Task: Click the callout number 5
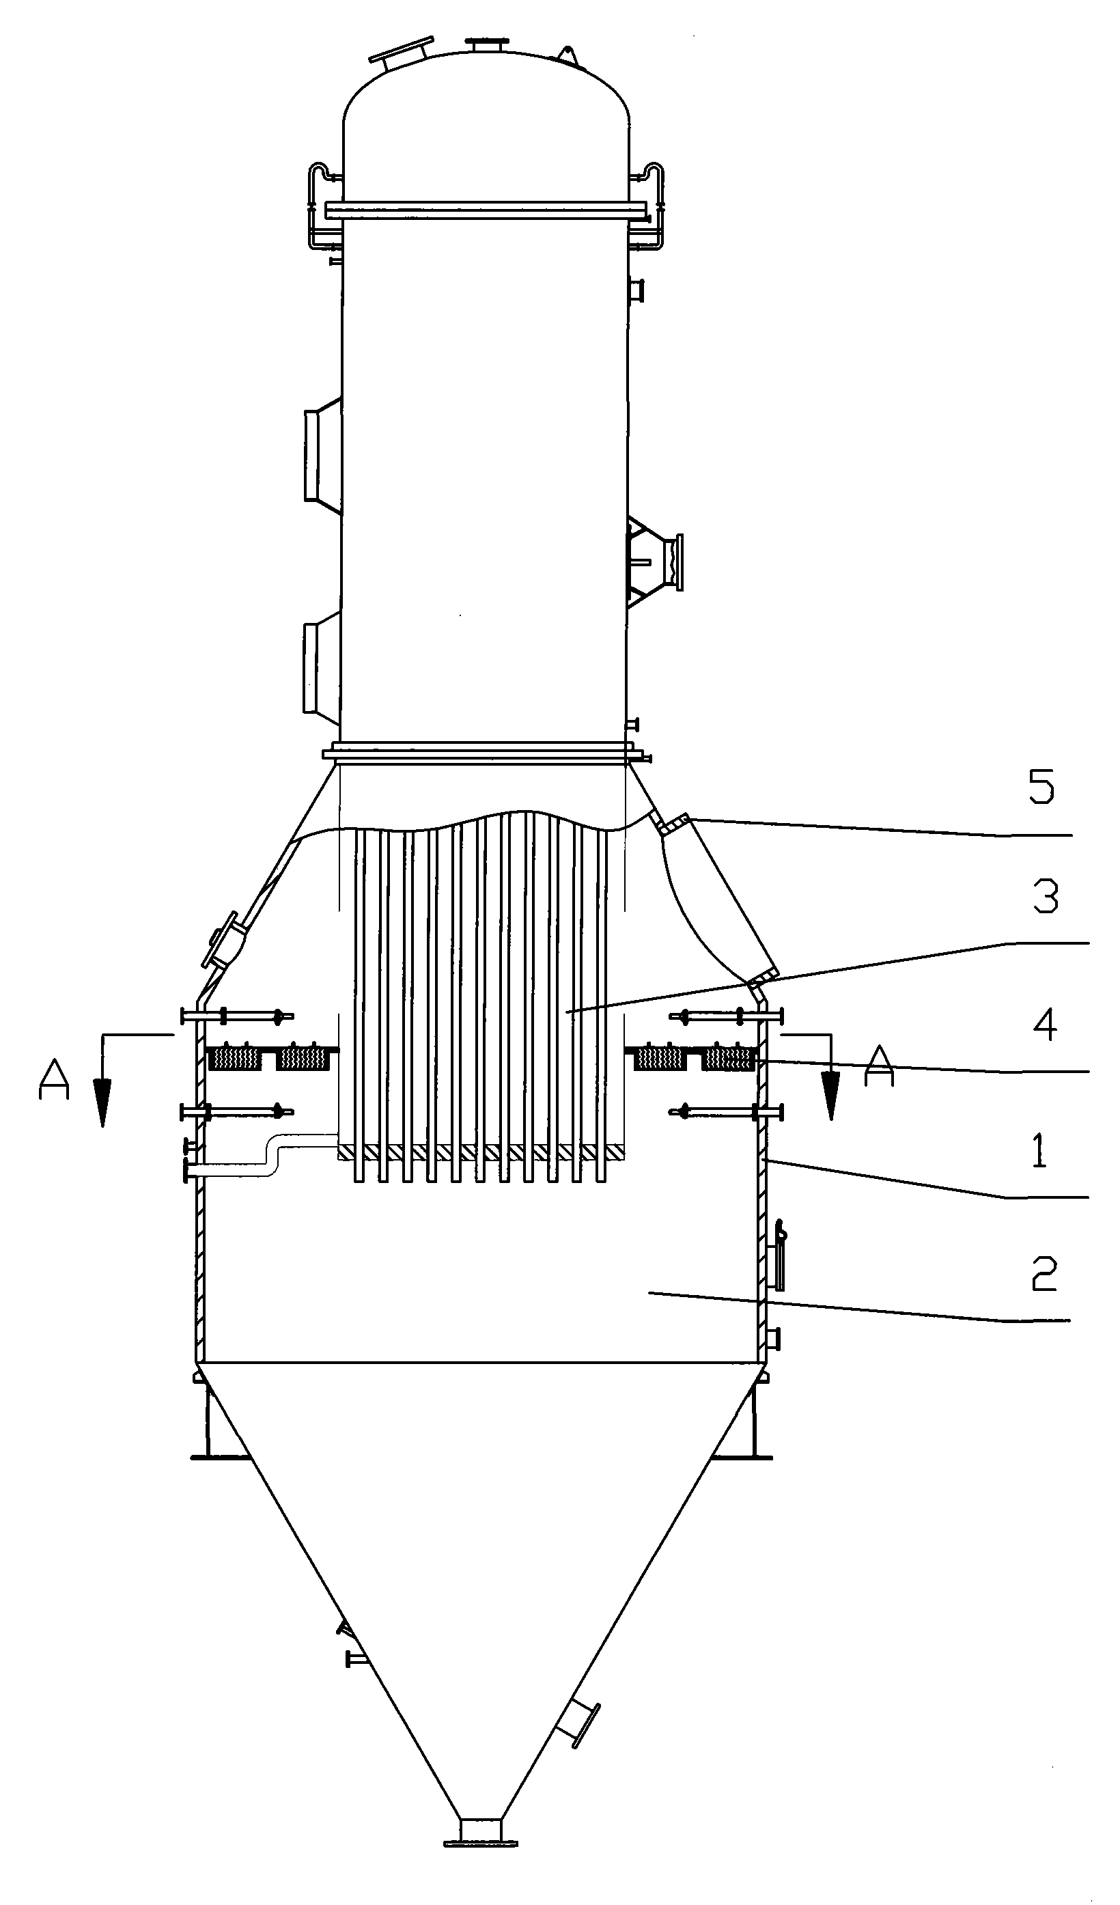click(x=1041, y=789)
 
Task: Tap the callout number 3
click(x=1045, y=897)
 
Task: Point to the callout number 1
click(x=1040, y=1152)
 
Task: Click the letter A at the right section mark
click(x=880, y=1066)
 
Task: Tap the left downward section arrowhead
click(x=102, y=1104)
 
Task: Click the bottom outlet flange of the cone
click(x=481, y=1844)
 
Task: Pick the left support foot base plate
click(x=219, y=1456)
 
